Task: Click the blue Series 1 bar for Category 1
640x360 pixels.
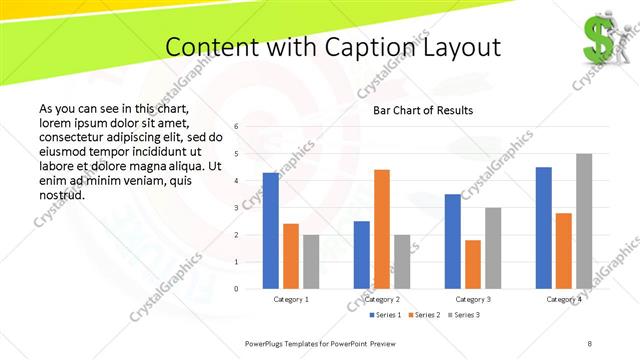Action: point(271,230)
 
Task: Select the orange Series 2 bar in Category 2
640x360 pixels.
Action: point(382,229)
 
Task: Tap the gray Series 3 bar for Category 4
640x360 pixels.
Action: point(584,221)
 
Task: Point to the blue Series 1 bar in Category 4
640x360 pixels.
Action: point(544,227)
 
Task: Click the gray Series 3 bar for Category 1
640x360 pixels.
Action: point(311,261)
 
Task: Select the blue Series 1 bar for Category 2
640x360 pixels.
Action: point(362,254)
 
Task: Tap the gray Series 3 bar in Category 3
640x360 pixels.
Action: point(493,248)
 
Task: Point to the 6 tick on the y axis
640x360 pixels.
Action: point(236,127)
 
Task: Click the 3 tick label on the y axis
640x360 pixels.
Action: point(236,208)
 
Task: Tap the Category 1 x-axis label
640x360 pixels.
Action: point(291,299)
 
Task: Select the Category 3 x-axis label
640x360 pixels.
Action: point(473,299)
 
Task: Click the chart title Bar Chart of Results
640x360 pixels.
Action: point(423,110)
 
